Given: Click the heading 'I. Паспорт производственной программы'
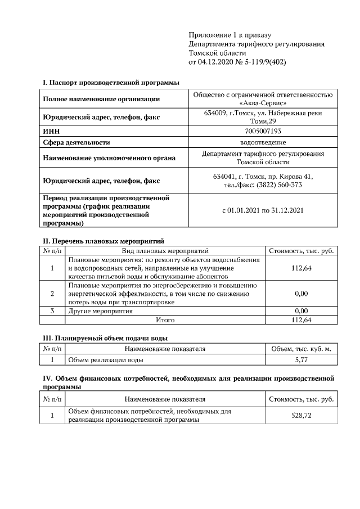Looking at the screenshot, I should click(x=111, y=83).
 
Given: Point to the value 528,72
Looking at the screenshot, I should click(x=301, y=416).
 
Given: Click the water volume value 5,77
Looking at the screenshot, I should click(x=301, y=359).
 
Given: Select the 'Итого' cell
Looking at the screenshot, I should click(x=165, y=320).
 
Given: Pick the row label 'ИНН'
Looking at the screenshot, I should click(x=52, y=131).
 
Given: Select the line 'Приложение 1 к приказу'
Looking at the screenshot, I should click(x=230, y=35).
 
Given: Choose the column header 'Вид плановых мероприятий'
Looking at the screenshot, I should click(x=165, y=250).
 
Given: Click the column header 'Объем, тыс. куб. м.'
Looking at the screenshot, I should click(x=301, y=349).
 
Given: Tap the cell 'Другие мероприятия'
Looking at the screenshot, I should click(x=100, y=310).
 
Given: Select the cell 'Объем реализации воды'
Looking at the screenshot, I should click(x=105, y=359).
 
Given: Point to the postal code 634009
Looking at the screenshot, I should click(x=215, y=113).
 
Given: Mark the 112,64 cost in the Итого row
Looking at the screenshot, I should click(x=301, y=320).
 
